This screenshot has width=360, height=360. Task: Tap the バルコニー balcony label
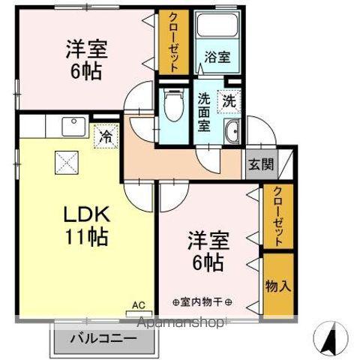click(x=104, y=339)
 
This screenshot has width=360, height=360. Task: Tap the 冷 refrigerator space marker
click(x=105, y=136)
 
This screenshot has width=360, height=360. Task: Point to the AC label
click(x=138, y=305)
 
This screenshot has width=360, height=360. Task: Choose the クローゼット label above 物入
click(x=278, y=217)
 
